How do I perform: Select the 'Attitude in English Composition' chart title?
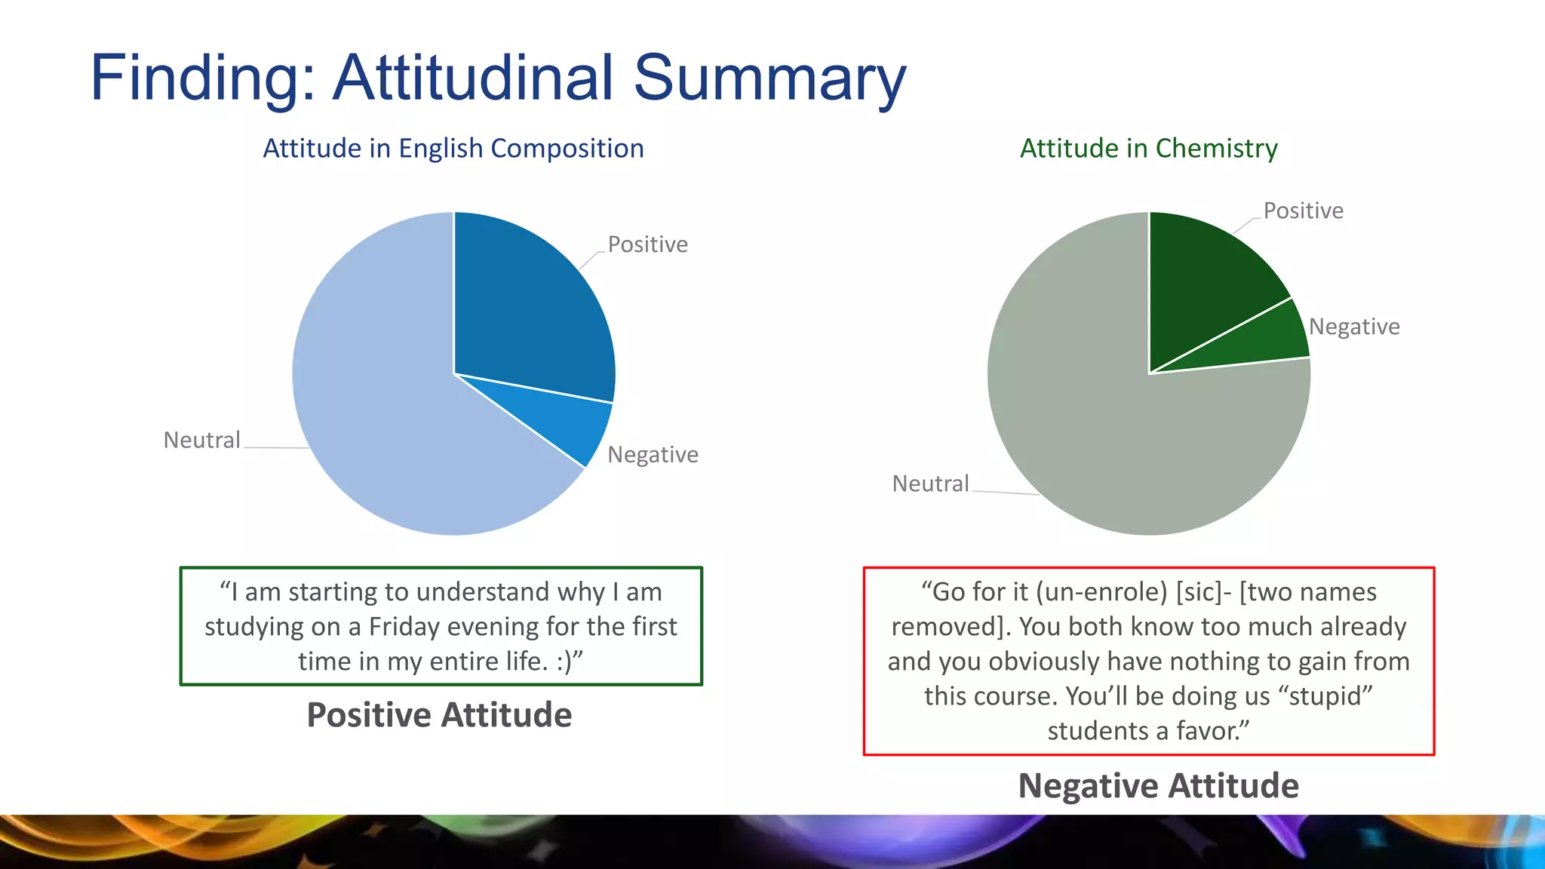pos(453,149)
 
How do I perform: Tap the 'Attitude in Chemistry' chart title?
pos(1148,149)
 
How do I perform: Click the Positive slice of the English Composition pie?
pos(528,309)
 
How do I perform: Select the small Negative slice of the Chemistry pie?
pos(1267,339)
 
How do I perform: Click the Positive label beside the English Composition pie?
pos(647,244)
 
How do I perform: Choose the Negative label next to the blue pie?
pos(653,455)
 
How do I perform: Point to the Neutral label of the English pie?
pos(201,440)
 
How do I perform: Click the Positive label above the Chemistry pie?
pos(1303,210)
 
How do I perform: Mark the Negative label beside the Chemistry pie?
pos(1353,327)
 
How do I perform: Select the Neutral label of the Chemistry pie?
pos(930,484)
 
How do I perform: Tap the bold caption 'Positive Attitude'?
pos(439,715)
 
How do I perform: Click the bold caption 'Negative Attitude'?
pos(1158,786)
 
